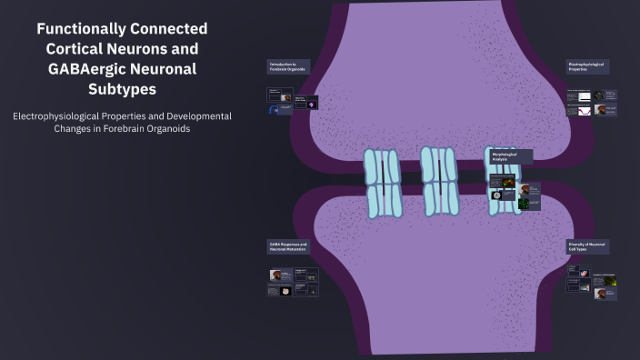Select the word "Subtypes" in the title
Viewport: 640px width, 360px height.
click(121, 89)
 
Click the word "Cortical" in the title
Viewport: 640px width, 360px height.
click(81, 49)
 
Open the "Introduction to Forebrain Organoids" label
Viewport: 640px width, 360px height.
click(287, 66)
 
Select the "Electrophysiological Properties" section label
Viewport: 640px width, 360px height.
click(587, 66)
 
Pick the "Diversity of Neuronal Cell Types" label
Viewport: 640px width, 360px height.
click(587, 247)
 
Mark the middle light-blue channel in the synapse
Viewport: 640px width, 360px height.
click(439, 180)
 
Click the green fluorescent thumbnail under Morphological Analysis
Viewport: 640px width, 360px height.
click(525, 204)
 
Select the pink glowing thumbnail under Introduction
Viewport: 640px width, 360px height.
click(313, 103)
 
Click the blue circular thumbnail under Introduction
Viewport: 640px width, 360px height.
click(275, 110)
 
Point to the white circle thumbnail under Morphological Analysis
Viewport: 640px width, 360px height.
click(496, 195)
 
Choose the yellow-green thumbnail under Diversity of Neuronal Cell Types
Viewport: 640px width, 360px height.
click(611, 283)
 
